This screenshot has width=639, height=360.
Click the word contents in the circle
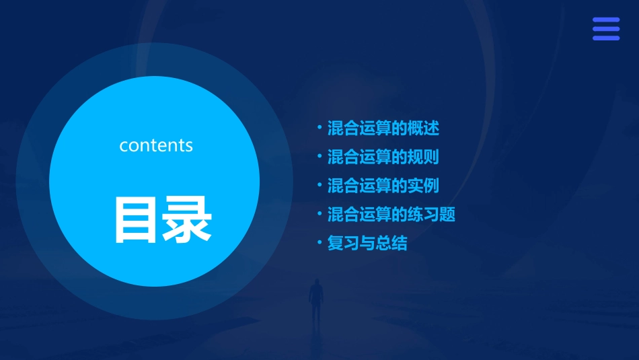pos(156,145)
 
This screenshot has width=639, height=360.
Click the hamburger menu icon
pos(606,29)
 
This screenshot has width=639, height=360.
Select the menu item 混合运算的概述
pos(383,127)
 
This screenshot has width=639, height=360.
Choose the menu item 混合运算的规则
pos(383,157)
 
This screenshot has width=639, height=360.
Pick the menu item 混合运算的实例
pos(383,185)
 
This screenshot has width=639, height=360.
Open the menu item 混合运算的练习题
pos(391,215)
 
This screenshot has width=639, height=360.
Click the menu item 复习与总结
pos(367,243)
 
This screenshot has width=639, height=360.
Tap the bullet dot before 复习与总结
pos(319,242)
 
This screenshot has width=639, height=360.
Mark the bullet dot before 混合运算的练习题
pos(319,214)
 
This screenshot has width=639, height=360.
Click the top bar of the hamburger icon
pos(606,20)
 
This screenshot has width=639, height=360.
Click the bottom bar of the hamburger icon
pos(606,38)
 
